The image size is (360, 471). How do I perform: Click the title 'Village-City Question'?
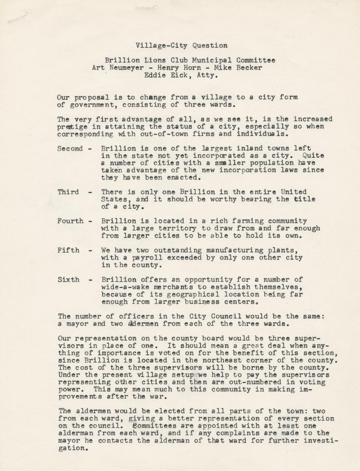(181, 45)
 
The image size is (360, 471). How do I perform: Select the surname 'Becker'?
(249, 68)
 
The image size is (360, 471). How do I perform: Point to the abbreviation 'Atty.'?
(207, 75)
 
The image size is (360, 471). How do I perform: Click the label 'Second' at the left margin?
(70, 148)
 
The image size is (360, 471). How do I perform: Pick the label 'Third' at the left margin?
(68, 192)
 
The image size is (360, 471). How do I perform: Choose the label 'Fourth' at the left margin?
(70, 221)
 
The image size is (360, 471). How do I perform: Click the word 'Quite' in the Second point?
(314, 156)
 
